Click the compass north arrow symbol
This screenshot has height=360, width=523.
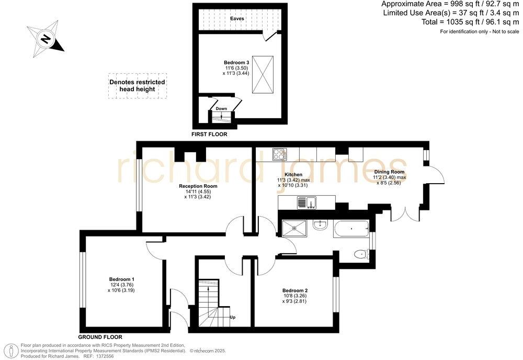tap(46, 39)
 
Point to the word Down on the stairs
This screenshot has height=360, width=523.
tap(221, 108)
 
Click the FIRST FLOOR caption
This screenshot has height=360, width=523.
tap(209, 134)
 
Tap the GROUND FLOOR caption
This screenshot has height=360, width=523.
tap(100, 337)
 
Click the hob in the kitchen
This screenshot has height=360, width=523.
tap(279, 154)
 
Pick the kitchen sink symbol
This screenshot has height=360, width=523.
tap(304, 202)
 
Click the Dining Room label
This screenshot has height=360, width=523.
tap(390, 172)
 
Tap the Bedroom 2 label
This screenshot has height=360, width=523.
tap(295, 290)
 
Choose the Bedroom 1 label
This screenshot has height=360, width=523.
tap(122, 279)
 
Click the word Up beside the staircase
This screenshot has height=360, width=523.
tap(232, 317)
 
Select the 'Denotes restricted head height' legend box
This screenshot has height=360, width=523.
tap(137, 86)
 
